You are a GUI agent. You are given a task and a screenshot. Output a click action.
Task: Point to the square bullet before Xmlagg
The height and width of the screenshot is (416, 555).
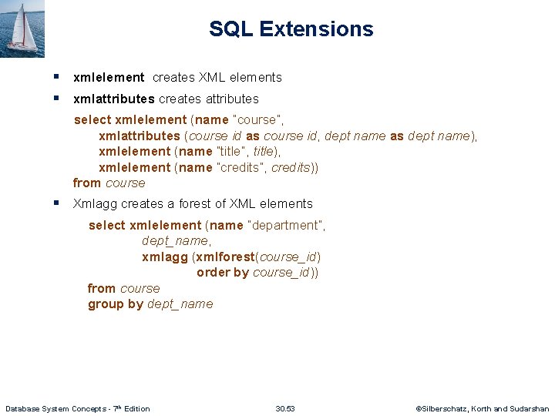tap(58, 203)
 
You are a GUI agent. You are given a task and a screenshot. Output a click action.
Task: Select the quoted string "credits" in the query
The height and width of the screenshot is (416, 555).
tap(244, 167)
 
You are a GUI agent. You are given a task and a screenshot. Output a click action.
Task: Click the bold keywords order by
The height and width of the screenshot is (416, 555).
tap(223, 272)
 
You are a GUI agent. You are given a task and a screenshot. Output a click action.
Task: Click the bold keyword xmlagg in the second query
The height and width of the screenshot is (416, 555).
tap(165, 257)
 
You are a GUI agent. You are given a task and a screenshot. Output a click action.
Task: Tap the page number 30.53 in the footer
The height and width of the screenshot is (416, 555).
tap(285, 408)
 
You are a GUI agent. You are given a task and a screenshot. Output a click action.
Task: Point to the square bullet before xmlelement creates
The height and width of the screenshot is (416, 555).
tap(58, 77)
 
